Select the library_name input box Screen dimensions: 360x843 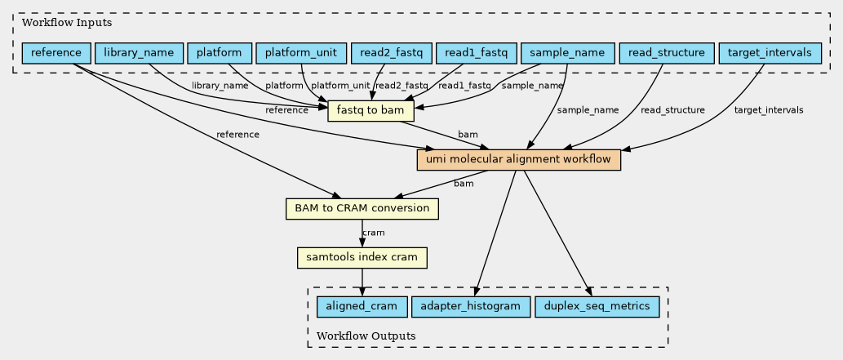pos(139,54)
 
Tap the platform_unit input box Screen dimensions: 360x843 pos(301,54)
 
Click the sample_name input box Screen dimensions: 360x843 pos(566,54)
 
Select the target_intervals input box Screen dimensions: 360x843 pos(769,54)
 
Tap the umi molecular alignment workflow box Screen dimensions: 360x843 pos(519,160)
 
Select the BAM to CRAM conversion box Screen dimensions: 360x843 pos(362,209)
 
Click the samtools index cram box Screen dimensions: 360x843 pos(362,258)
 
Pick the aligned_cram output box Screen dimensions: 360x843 pos(362,307)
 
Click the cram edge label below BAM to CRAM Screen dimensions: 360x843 pos(373,233)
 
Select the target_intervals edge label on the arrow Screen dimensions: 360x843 pos(768,110)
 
